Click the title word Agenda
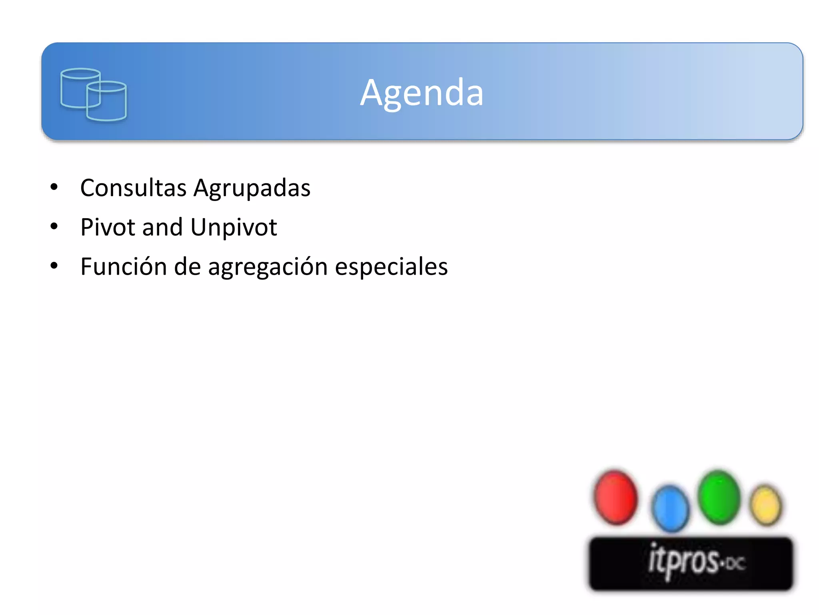click(x=421, y=93)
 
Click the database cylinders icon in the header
click(x=94, y=94)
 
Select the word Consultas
click(x=133, y=188)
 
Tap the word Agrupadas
click(x=252, y=188)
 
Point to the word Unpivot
click(x=234, y=227)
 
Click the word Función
click(x=124, y=266)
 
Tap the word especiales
click(x=391, y=267)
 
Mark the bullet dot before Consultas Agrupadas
click(x=54, y=187)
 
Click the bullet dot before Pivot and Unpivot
click(x=54, y=227)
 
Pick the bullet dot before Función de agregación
click(x=54, y=266)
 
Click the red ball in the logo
click(x=616, y=497)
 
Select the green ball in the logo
click(x=719, y=497)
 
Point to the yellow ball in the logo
click(x=766, y=505)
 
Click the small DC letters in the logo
click(x=735, y=564)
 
